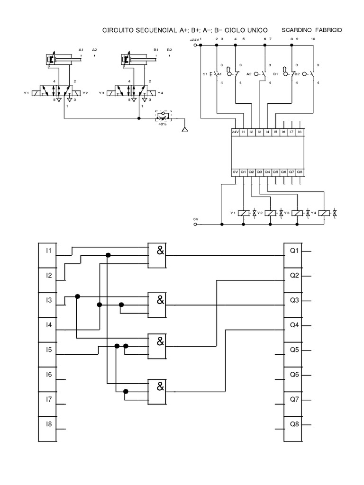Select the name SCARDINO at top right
pyautogui.click(x=298, y=30)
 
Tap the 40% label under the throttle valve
pyautogui.click(x=162, y=124)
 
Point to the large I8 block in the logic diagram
pyautogui.click(x=47, y=428)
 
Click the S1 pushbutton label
pyautogui.click(x=205, y=74)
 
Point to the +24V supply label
pyautogui.click(x=194, y=40)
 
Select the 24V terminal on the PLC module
pyautogui.click(x=235, y=132)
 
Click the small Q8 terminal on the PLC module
pyautogui.click(x=299, y=172)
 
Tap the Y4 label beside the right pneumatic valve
pyautogui.click(x=160, y=93)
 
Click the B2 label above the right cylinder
pyautogui.click(x=169, y=50)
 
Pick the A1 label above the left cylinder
pyautogui.click(x=81, y=50)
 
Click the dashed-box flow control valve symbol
pyautogui.click(x=163, y=115)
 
